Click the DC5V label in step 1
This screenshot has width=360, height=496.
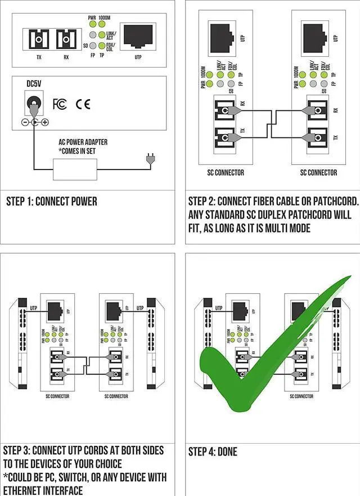click(34, 84)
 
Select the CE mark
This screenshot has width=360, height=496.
click(83, 104)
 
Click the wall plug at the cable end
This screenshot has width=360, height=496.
click(149, 161)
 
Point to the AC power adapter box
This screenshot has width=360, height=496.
click(75, 169)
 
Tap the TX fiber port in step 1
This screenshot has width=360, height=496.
click(35, 39)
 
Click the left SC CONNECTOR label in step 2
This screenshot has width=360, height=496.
click(226, 172)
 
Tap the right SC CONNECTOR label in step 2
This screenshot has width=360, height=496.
click(318, 172)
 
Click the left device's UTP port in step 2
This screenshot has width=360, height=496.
click(223, 36)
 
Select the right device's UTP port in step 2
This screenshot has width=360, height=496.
click(317, 36)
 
